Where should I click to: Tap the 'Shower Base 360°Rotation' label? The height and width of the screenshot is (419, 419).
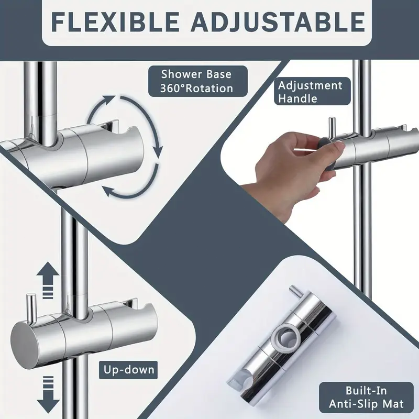196,82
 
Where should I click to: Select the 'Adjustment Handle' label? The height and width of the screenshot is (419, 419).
310,92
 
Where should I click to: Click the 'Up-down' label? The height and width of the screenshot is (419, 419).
128,370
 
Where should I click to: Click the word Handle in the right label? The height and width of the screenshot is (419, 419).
298,98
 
